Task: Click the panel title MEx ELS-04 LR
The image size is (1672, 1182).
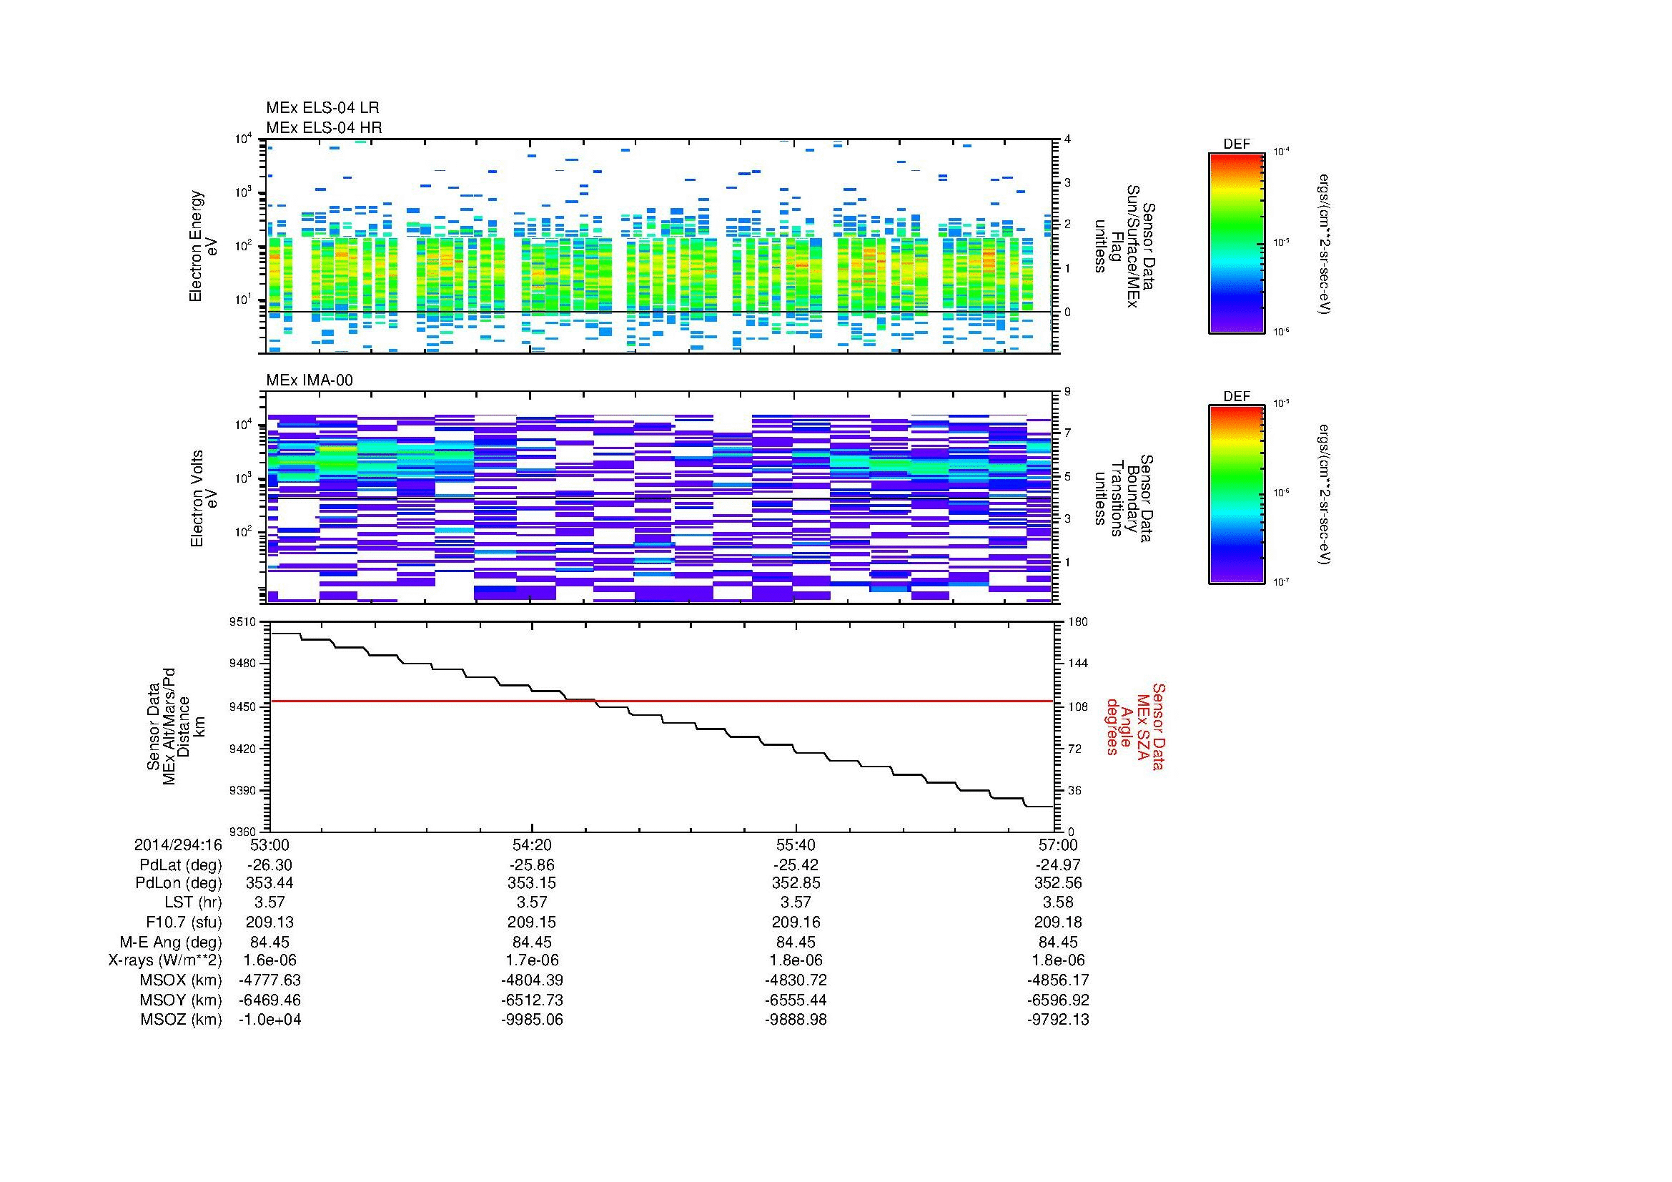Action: click(322, 108)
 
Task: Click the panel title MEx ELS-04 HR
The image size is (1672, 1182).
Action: click(324, 127)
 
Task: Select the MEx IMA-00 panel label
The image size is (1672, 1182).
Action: click(310, 380)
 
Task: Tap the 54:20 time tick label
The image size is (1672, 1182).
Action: click(533, 844)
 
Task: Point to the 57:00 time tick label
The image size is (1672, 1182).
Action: click(1058, 844)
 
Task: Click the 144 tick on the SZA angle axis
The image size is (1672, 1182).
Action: click(1077, 664)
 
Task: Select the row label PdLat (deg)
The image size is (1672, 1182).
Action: click(181, 865)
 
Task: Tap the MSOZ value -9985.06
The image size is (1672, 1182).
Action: click(533, 1020)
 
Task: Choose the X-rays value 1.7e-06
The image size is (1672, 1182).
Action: click(533, 960)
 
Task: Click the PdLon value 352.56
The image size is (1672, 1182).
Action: click(1058, 883)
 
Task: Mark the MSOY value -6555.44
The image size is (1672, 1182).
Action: click(796, 1000)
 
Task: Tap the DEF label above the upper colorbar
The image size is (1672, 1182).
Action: click(1236, 144)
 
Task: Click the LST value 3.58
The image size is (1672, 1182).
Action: click(1058, 903)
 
